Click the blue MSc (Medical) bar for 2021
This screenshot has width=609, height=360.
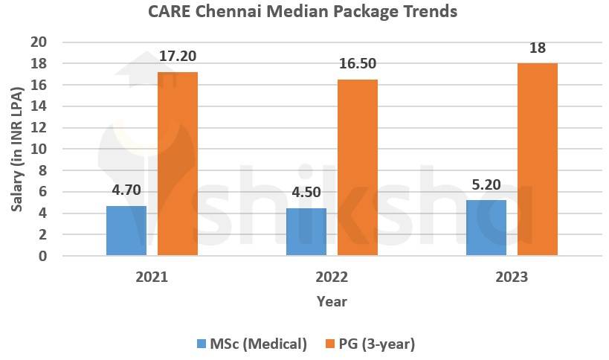(126, 231)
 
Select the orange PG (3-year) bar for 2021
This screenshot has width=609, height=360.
(177, 164)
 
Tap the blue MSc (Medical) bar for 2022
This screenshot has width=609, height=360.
(306, 232)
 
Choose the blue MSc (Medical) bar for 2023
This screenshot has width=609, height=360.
(486, 228)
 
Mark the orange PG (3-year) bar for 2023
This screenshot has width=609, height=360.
(537, 159)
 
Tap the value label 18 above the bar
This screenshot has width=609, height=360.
(537, 48)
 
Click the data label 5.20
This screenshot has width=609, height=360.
(486, 184)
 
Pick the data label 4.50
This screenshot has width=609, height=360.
(306, 192)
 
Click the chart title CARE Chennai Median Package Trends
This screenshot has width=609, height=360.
(305, 12)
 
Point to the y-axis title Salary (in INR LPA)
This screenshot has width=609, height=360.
(16, 149)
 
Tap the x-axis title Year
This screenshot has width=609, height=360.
(331, 301)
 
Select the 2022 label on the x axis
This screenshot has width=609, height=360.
(331, 277)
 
